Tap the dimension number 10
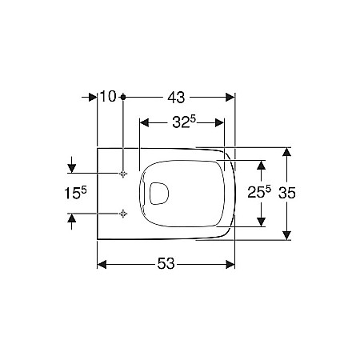coord(108,97)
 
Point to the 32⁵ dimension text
coord(183,122)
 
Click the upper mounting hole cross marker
coord(122,174)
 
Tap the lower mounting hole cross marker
coord(122,213)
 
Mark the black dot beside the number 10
coord(122,97)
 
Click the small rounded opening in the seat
coord(158,193)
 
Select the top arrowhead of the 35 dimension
coord(286,152)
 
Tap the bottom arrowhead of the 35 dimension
coord(286,234)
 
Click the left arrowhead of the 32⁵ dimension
coord(144,122)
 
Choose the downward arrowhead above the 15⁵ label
coord(73,169)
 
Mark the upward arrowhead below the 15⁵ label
coord(73,218)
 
